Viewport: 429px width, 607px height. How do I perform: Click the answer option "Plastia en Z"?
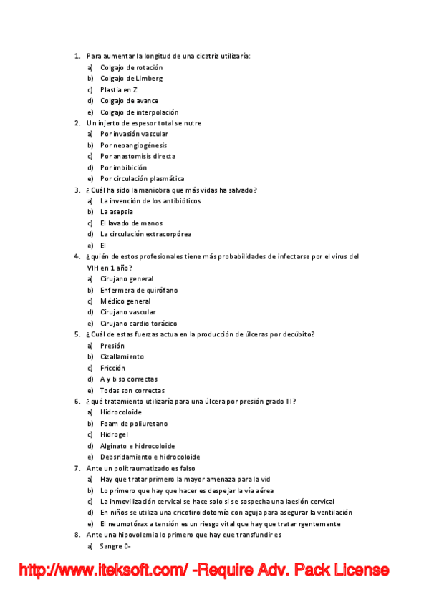[x=119, y=89]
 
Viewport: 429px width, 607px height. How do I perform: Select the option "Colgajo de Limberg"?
[x=131, y=79]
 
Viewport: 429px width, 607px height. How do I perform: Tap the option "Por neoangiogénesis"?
[x=133, y=145]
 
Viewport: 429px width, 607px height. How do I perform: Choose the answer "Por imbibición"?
[x=123, y=167]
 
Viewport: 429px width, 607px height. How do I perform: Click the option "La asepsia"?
[x=116, y=212]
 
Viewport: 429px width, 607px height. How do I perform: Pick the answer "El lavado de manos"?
[x=131, y=223]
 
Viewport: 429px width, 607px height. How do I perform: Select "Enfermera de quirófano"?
[x=139, y=290]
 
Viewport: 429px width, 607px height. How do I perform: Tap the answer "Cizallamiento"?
[x=122, y=356]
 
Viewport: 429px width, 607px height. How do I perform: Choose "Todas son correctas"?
[x=132, y=390]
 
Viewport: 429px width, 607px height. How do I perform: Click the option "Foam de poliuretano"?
[x=135, y=424]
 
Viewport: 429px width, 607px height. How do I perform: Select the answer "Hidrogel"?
[x=115, y=434]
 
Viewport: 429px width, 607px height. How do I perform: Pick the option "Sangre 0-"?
[x=115, y=546]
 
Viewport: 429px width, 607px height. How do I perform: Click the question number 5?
[x=77, y=334]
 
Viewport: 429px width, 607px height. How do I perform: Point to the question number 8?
[x=77, y=535]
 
